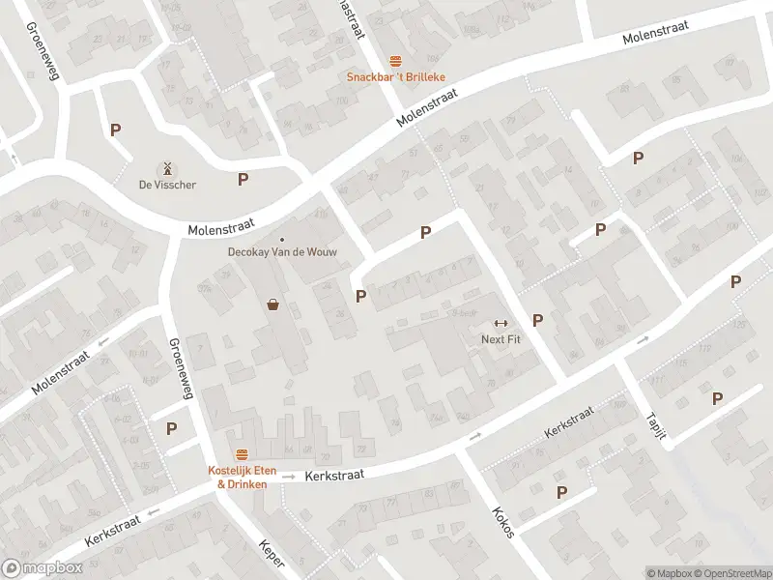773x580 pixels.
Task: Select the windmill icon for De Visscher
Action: tap(167, 167)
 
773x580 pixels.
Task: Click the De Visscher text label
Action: tap(167, 185)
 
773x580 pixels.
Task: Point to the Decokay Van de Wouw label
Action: tap(282, 255)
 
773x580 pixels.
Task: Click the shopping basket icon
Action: tap(273, 305)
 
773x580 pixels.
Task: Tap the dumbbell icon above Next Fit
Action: tap(501, 323)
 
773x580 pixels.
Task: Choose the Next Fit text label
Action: tap(501, 339)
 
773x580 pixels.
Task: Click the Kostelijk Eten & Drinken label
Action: tap(243, 477)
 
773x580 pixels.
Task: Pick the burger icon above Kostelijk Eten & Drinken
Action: tap(243, 454)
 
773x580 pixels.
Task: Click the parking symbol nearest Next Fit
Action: tap(538, 320)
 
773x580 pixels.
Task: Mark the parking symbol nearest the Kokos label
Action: tap(561, 492)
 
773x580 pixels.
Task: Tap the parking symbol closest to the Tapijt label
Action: tap(718, 398)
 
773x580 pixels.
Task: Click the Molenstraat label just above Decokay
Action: tap(220, 225)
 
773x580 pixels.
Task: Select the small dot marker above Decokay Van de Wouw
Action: tap(282, 240)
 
